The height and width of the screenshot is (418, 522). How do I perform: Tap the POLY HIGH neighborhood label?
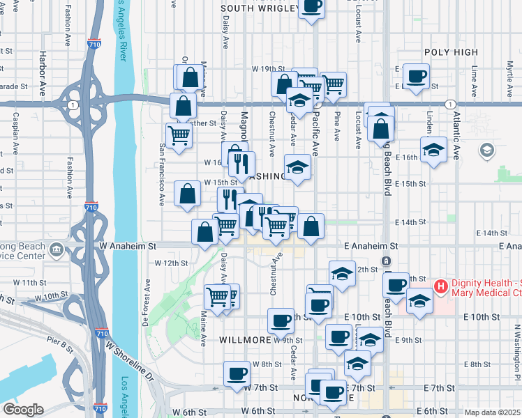pos(451,52)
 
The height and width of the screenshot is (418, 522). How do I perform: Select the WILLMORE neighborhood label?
pos(244,340)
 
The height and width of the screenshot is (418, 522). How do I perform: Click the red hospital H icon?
pos(440,286)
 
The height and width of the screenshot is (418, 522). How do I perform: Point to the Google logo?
pos(23,410)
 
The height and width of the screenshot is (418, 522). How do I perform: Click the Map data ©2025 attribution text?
pos(492,412)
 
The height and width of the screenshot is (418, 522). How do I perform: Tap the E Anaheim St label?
pos(371,246)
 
